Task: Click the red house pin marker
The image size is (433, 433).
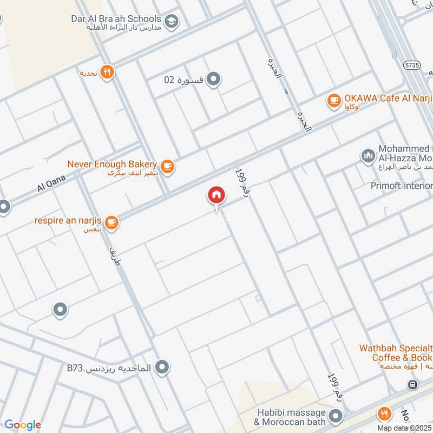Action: (216, 195)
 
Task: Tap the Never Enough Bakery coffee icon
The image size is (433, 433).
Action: (167, 167)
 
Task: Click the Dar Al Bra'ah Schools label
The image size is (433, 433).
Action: (116, 18)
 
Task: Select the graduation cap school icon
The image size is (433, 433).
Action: (172, 22)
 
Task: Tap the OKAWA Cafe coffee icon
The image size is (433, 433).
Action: (333, 100)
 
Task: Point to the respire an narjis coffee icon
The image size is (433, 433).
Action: (111, 221)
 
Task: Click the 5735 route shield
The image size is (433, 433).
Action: (412, 64)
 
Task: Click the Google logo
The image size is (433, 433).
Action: (22, 425)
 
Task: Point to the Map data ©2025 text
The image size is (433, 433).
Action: (404, 428)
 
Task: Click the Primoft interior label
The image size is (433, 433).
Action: (401, 186)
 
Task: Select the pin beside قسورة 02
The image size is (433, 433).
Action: (214, 80)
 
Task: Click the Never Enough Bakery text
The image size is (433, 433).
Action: (112, 164)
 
